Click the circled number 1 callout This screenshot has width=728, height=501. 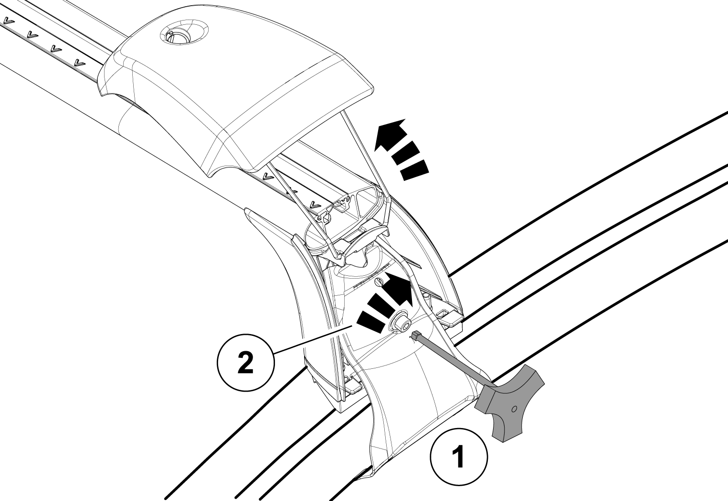point(459,457)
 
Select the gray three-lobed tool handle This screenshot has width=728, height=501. point(510,401)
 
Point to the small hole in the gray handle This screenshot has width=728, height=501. point(513,409)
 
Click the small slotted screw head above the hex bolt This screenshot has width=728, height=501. point(380,282)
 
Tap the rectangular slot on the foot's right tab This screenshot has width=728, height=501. point(444,314)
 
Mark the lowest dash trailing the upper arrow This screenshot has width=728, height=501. point(414,171)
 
